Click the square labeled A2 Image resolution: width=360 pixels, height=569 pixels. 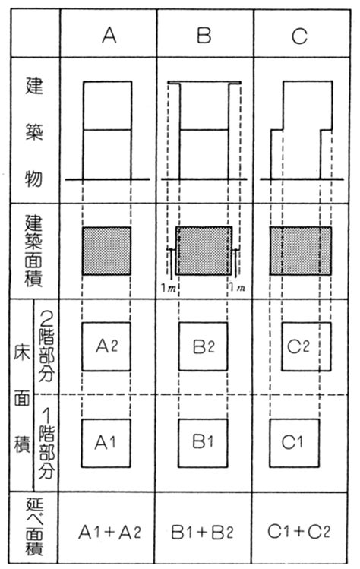coord(107,348)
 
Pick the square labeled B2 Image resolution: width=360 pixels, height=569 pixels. coord(204,348)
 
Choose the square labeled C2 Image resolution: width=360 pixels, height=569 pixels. coord(300,348)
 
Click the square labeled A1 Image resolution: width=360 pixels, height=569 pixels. coord(107,441)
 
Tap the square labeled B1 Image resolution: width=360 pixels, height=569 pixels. coord(204,441)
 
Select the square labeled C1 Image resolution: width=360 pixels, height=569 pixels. coord(300,441)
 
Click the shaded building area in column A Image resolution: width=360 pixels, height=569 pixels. coord(106,251)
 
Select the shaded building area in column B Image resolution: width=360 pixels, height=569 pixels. coord(204,250)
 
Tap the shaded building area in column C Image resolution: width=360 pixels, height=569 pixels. coord(300,251)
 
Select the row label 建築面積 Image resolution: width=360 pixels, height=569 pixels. coord(33,251)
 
